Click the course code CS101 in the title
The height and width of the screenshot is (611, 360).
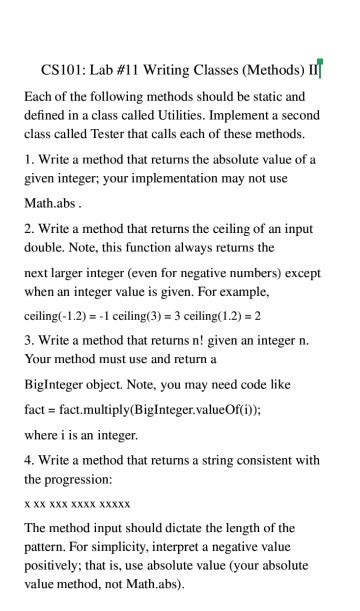click(62, 70)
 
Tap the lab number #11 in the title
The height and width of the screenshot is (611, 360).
click(132, 70)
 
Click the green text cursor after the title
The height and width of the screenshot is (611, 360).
click(320, 70)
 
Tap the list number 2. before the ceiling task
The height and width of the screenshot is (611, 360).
click(29, 229)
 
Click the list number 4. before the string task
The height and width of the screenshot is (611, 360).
click(29, 461)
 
